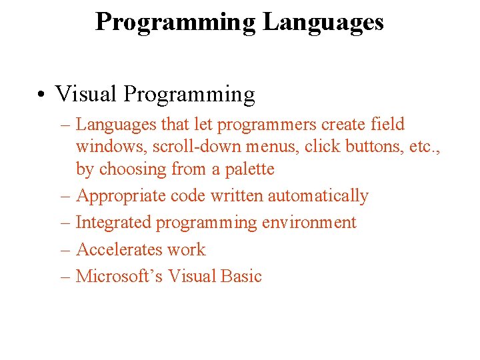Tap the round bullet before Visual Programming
pyautogui.click(x=41, y=95)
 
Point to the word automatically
pyautogui.click(x=318, y=196)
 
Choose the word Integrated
pyautogui.click(x=113, y=223)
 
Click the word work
pyautogui.click(x=187, y=249)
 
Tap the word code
pyautogui.click(x=190, y=196)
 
